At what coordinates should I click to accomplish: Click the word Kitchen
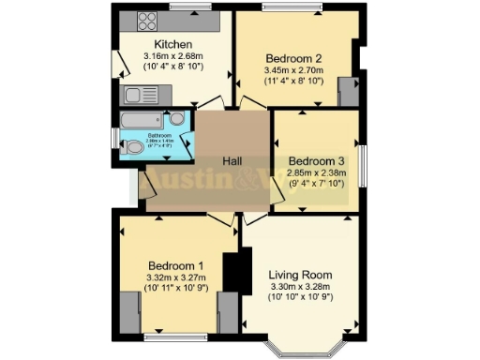pos(173,44)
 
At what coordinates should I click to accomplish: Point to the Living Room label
pos(300,275)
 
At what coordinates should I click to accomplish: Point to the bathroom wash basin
pos(176,119)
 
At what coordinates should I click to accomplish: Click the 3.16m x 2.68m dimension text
pos(173,56)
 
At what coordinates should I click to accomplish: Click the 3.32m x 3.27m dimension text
pos(174,277)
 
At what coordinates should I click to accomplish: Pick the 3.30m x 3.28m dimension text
pos(300,287)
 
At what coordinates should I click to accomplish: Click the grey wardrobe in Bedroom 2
pos(348,91)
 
